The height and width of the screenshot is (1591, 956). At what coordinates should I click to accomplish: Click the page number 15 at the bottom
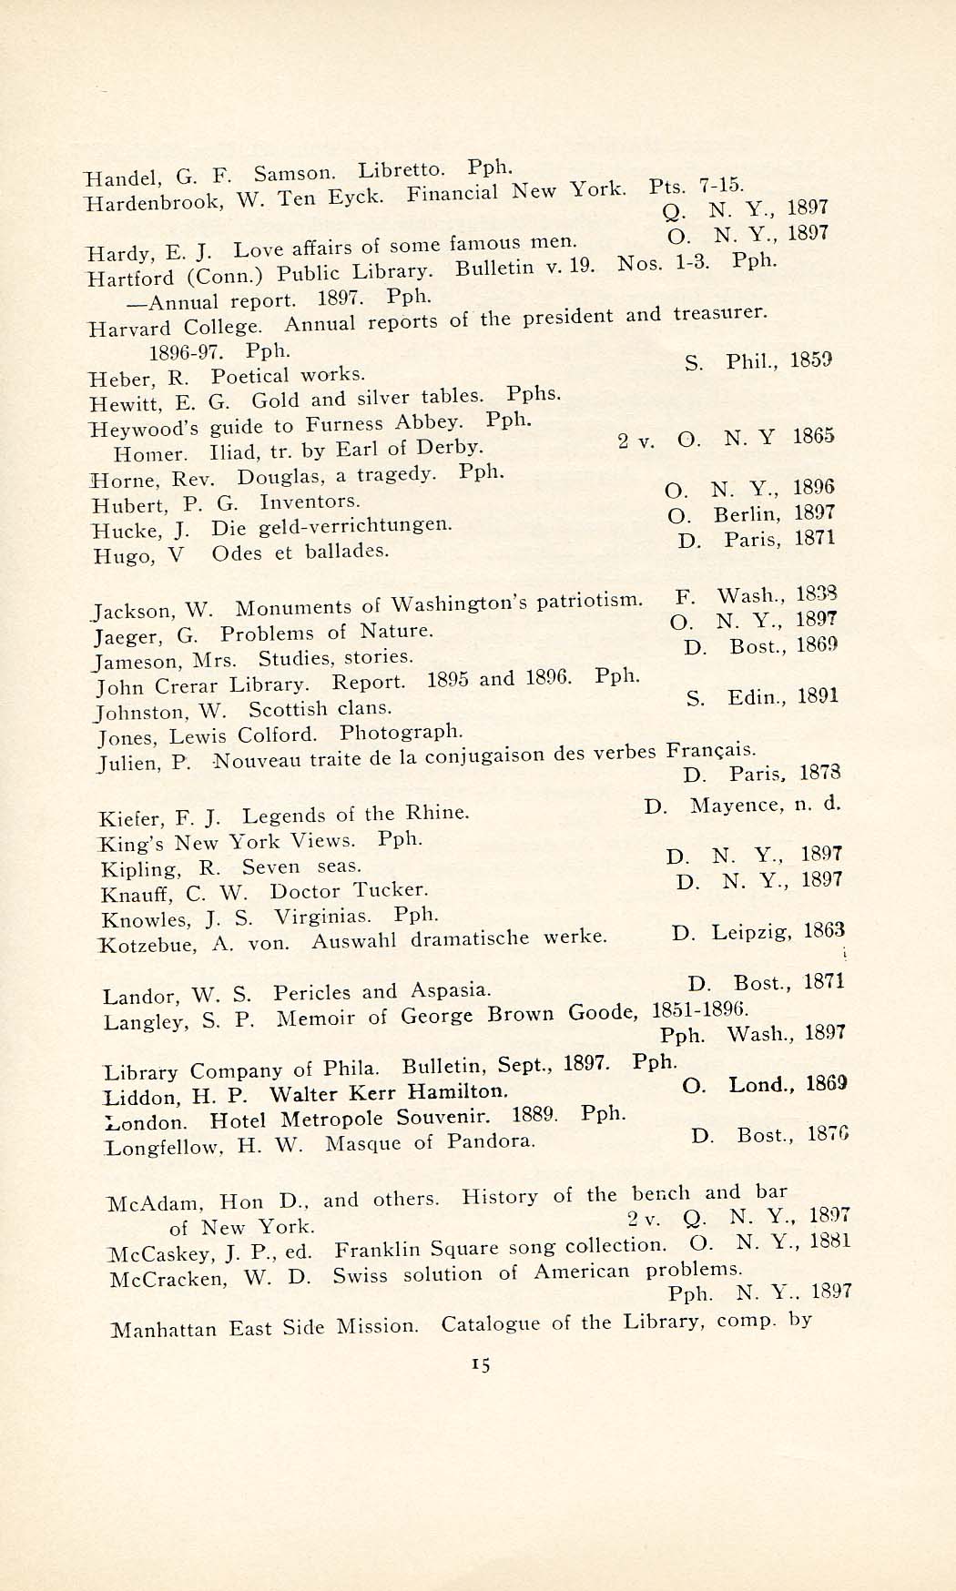click(x=482, y=1363)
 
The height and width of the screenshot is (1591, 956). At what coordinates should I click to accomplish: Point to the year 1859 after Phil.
click(x=811, y=360)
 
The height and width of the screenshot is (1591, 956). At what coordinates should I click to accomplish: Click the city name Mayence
click(x=736, y=805)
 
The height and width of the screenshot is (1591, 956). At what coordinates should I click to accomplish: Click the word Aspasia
click(x=451, y=989)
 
